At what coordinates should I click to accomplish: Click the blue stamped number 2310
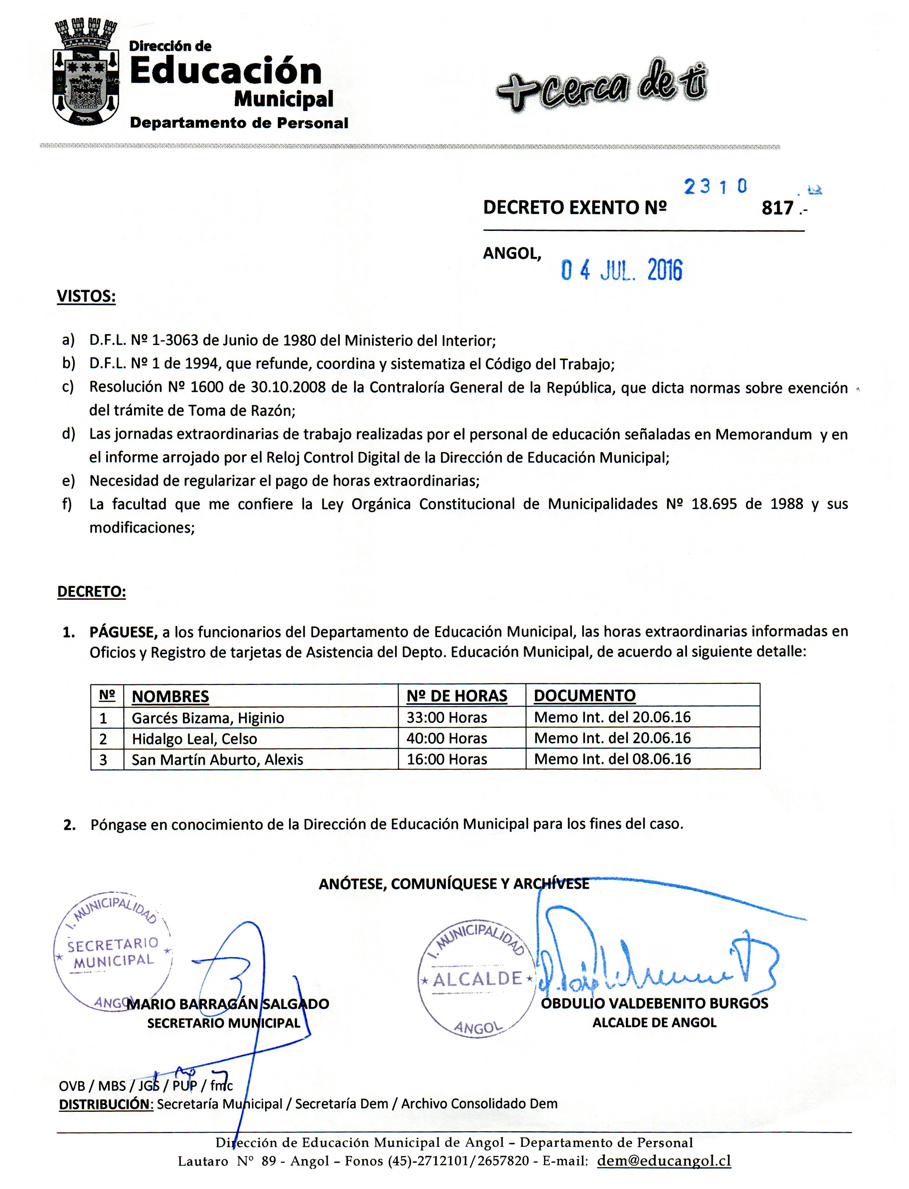[x=715, y=187]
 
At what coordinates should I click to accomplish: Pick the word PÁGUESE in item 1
[x=123, y=632]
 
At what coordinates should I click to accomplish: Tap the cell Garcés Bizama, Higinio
[x=208, y=718]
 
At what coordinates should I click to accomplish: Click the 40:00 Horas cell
[x=447, y=739]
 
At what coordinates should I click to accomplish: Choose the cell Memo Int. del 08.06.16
[x=613, y=759]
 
